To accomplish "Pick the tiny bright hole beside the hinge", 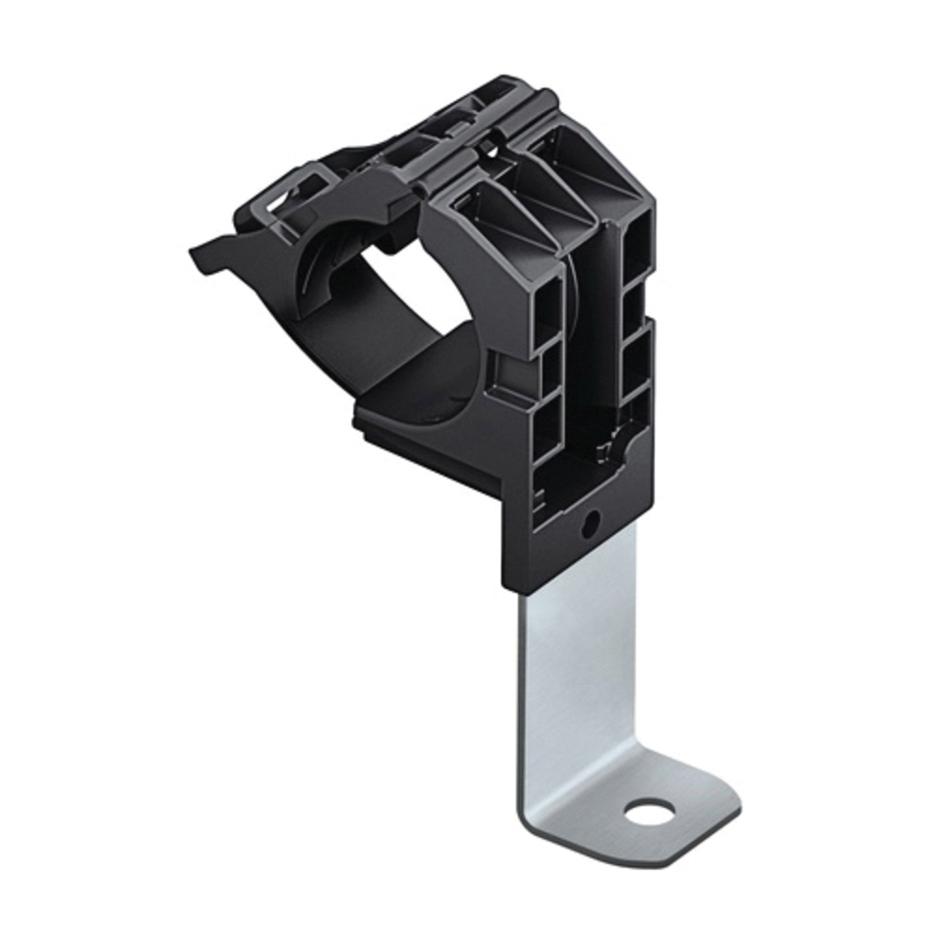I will click(x=487, y=148).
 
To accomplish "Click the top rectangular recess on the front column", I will click(x=547, y=309).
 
